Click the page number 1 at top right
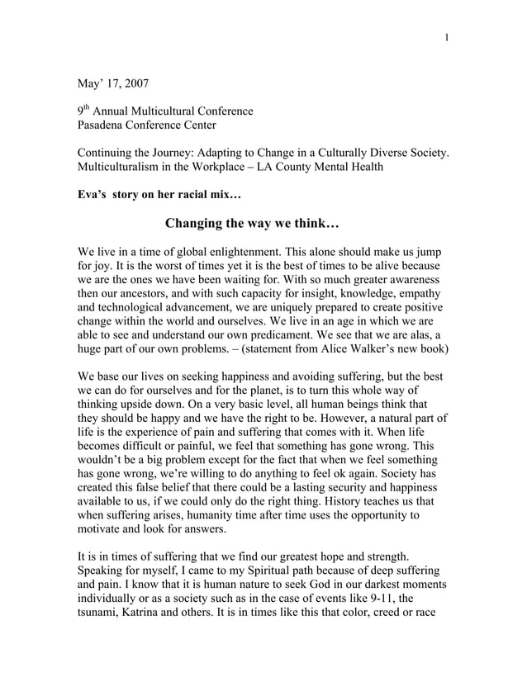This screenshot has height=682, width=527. click(447, 38)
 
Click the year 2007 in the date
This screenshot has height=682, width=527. click(135, 83)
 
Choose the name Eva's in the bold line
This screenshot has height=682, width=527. click(93, 196)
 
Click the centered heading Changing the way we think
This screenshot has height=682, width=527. click(252, 224)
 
